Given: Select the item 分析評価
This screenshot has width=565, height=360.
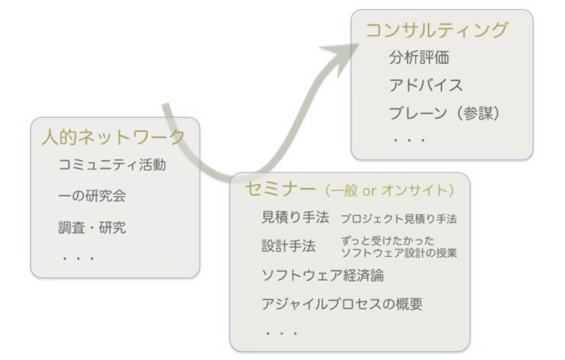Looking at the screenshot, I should [x=419, y=60].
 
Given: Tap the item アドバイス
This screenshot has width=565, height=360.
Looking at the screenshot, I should [x=426, y=85].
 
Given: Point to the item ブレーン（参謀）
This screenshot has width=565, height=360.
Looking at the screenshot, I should [x=445, y=112].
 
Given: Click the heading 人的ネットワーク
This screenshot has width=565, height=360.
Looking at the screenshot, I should [x=114, y=137].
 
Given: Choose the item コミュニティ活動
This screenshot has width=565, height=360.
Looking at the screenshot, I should [x=114, y=165].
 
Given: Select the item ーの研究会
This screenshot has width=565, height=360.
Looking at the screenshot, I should [x=92, y=196].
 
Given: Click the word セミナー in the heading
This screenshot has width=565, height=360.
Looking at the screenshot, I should [x=280, y=190].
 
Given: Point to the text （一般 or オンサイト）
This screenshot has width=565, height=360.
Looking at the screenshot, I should [x=388, y=191].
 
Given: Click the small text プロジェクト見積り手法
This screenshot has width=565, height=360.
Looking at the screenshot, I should [x=398, y=219].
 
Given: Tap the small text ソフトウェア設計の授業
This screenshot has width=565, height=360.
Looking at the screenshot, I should [x=397, y=253].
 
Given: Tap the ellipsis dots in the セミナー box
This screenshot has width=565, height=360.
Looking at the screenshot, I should [x=280, y=333].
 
